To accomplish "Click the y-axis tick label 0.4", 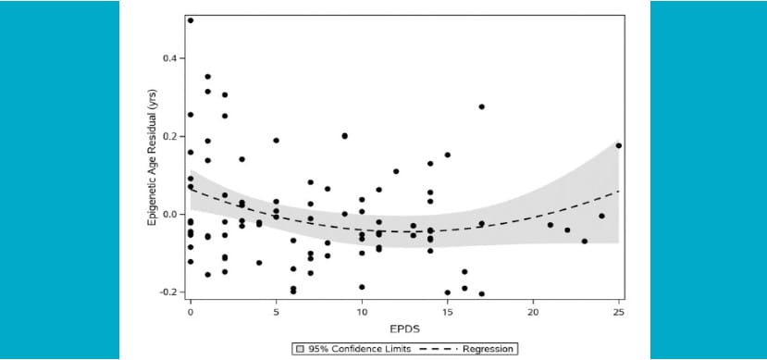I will coord(169,58).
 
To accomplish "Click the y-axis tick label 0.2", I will coord(169,136).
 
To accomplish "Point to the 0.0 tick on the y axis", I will coord(169,214).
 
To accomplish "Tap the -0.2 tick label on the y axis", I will coord(167,292).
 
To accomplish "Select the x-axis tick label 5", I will coord(276,312).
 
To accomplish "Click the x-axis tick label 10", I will coord(362,312).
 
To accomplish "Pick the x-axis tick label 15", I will coord(447,312).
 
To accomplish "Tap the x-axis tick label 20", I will coord(533,312).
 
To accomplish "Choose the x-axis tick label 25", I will coord(618,312).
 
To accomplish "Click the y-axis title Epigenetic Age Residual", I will coord(153,157).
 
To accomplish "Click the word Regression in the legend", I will coord(489,349).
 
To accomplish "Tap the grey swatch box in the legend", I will coord(300,349).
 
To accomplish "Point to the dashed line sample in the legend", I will coord(439,349).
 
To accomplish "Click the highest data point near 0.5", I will coord(191,20).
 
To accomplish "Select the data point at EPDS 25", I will coord(618,145).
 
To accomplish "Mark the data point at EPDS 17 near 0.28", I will coord(482,106).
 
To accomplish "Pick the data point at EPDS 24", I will coord(601,216).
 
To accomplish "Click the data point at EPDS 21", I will coord(551,225).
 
